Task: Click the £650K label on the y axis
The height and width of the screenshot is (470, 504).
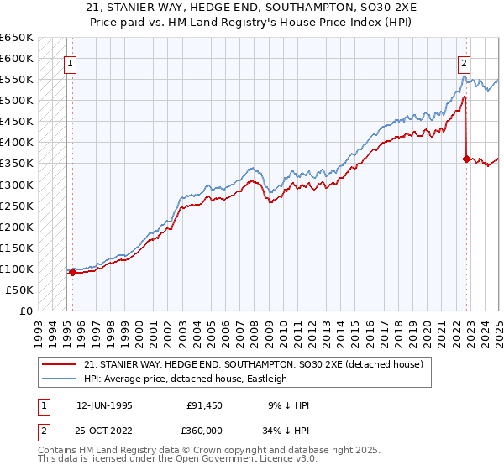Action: [16, 38]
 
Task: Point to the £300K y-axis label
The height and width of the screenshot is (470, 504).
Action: [16, 185]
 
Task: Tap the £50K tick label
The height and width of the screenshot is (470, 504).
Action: [18, 290]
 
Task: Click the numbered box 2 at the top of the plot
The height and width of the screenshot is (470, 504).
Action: [464, 61]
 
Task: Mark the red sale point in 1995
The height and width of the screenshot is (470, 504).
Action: [72, 272]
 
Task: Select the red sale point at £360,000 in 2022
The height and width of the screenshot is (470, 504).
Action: [466, 158]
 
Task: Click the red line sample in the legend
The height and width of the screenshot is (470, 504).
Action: [60, 363]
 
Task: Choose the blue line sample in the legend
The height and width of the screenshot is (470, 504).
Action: [60, 379]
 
